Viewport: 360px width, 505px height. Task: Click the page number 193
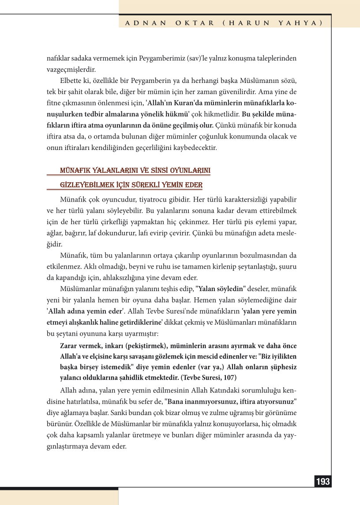(323, 482)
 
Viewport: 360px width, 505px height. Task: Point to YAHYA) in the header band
(299, 22)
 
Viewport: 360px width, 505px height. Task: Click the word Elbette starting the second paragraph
(71, 82)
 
